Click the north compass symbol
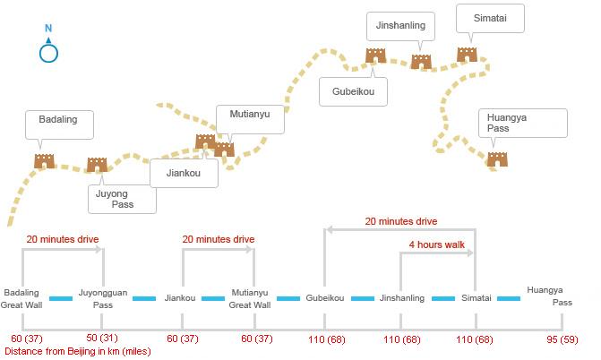(48, 53)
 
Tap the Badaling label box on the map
(58, 124)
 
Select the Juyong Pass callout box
(122, 198)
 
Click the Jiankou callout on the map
(184, 173)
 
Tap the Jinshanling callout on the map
(401, 26)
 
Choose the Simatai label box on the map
(490, 19)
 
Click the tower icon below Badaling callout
(45, 161)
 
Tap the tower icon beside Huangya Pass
(497, 159)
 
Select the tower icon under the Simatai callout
(467, 55)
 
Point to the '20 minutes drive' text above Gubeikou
(400, 220)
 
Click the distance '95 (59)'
(562, 339)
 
